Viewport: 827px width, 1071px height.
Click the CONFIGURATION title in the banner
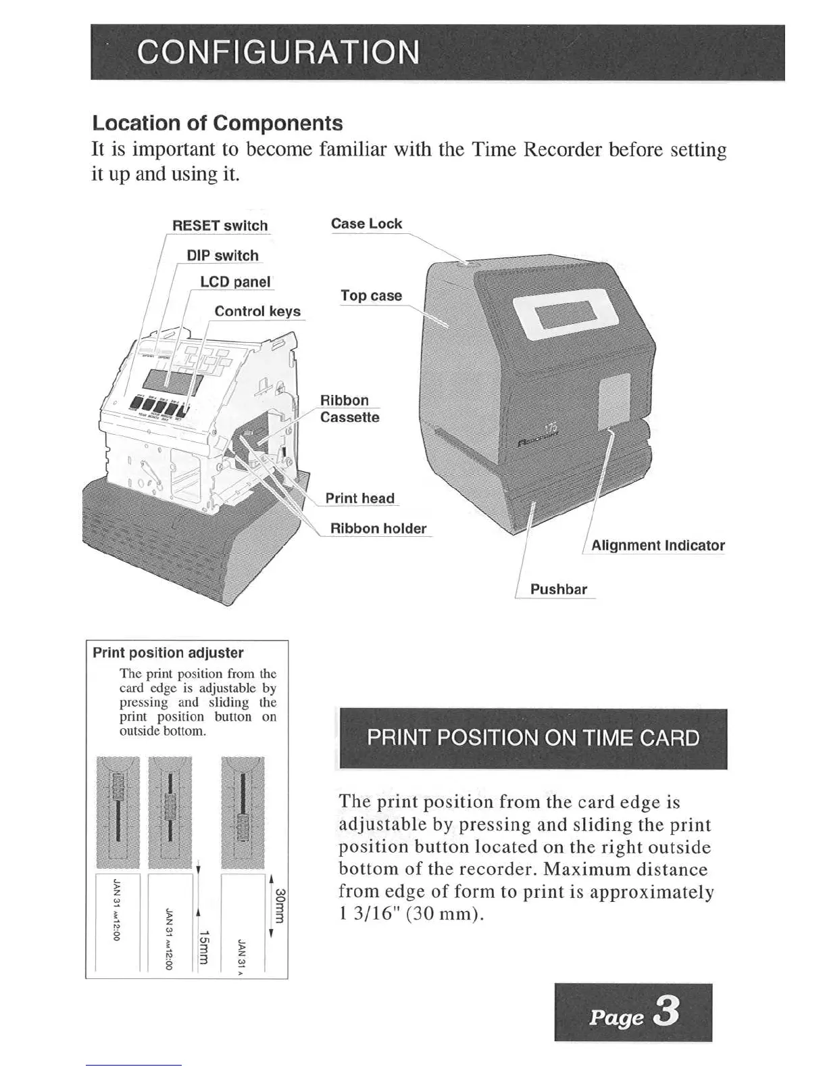[x=278, y=52]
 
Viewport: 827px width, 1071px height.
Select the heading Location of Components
[x=217, y=123]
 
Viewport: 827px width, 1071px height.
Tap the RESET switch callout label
[x=220, y=226]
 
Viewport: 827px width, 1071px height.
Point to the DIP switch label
[x=222, y=256]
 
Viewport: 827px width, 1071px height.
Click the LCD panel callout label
[x=235, y=282]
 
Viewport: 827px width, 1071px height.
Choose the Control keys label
[x=257, y=311]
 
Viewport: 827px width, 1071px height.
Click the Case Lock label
[x=366, y=224]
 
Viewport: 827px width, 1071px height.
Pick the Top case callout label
[x=371, y=295]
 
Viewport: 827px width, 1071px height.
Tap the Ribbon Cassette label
[x=349, y=409]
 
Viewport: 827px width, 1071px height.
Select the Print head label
[x=359, y=498]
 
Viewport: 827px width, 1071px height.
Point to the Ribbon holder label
[x=378, y=528]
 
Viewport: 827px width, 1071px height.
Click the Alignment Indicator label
[x=657, y=546]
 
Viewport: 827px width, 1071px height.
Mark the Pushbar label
[x=558, y=590]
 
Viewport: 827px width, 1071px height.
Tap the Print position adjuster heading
[x=168, y=653]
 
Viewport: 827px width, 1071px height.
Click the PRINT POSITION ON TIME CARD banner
[x=532, y=738]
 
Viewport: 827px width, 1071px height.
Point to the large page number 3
[x=666, y=1012]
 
